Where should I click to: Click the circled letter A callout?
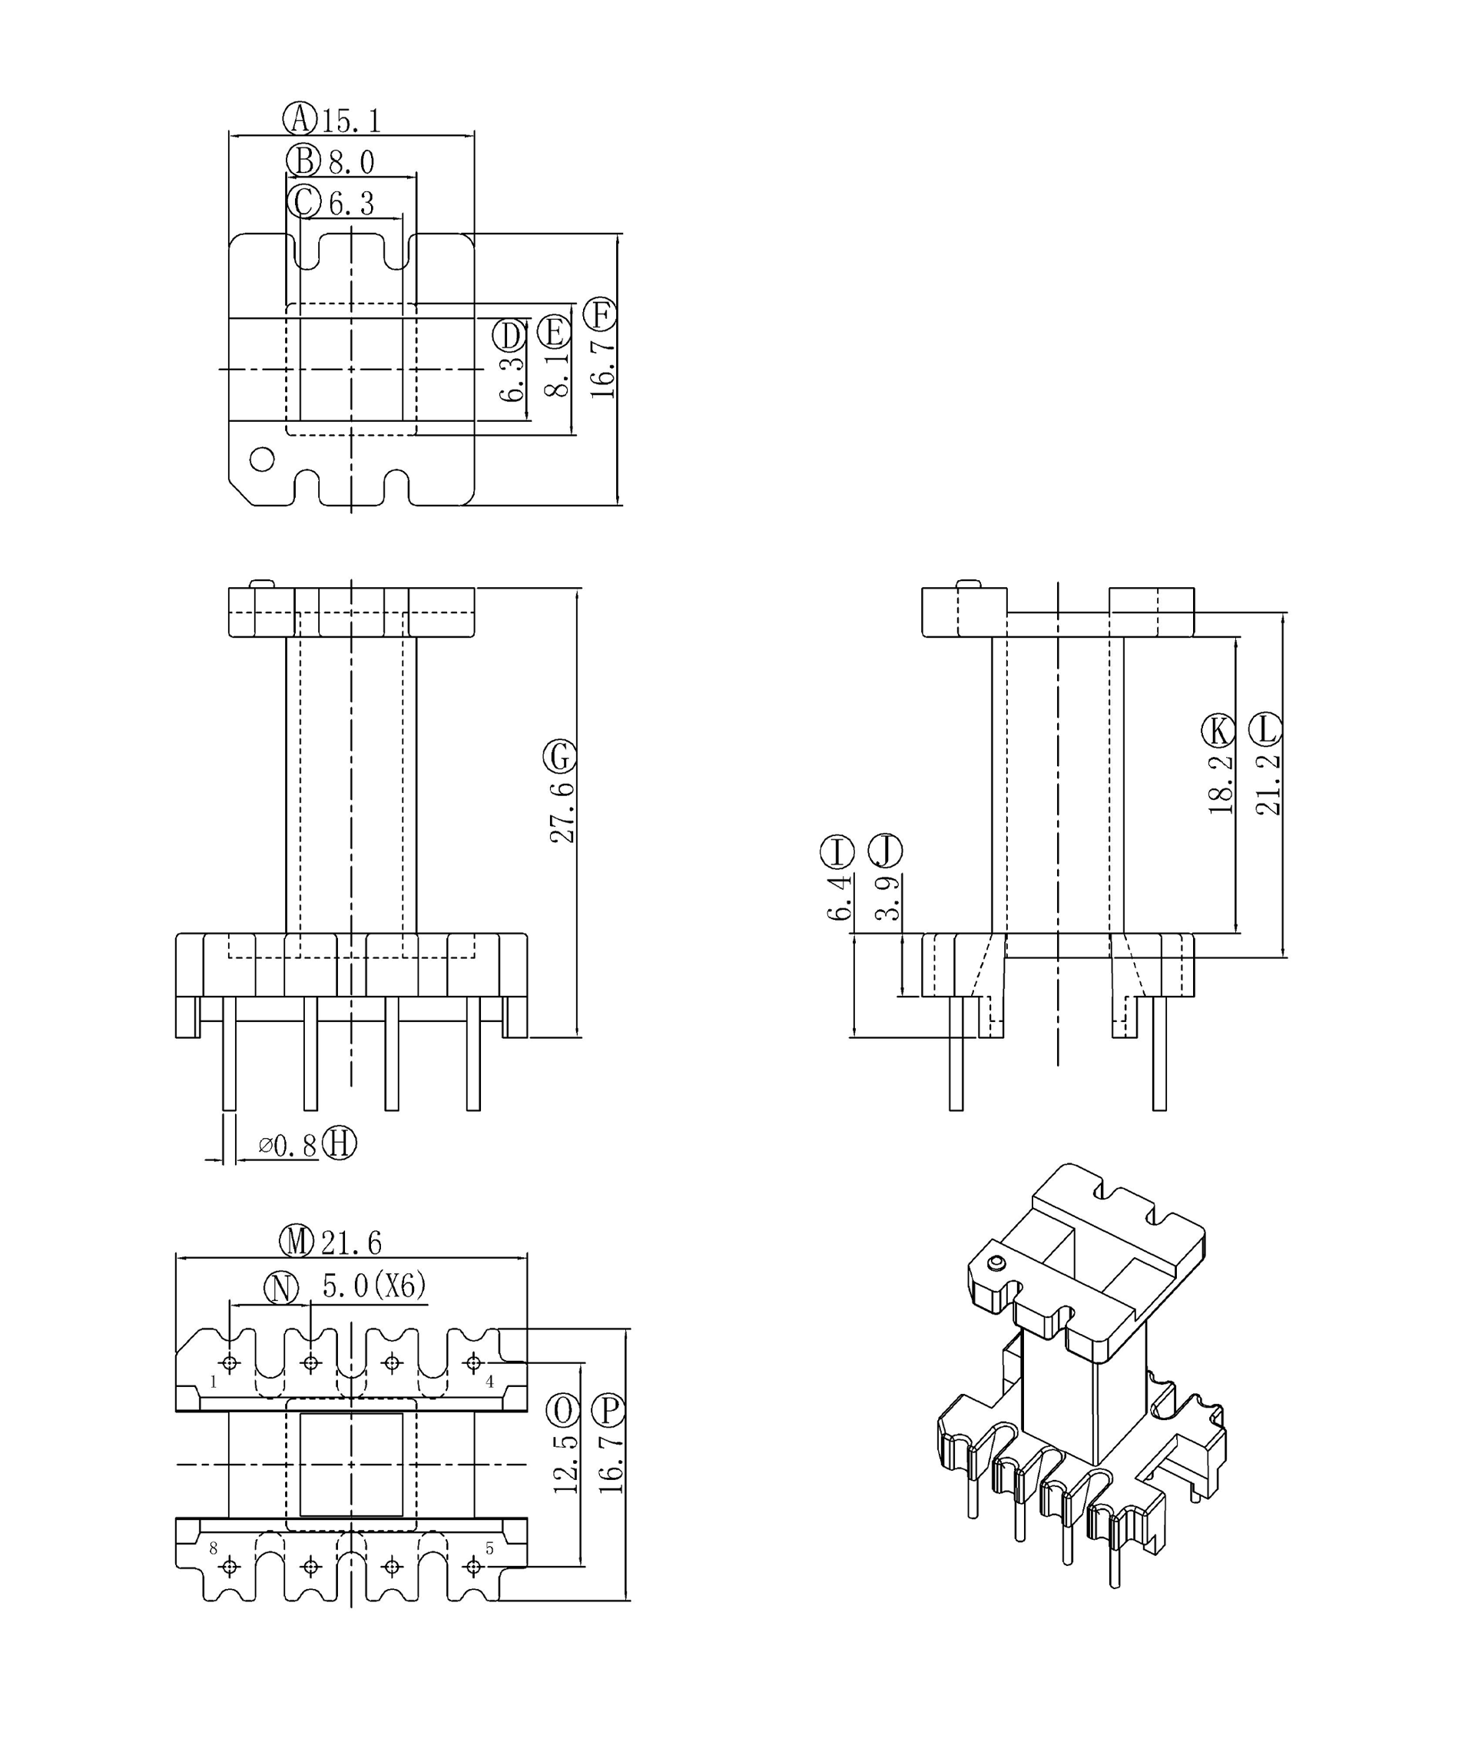[x=300, y=119]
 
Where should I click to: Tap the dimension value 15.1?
[x=352, y=121]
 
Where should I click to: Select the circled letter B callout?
[x=303, y=161]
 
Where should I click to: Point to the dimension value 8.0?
[x=351, y=162]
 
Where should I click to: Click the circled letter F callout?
[x=599, y=314]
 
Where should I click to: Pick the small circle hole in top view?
[x=262, y=459]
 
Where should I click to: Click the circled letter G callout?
[x=559, y=757]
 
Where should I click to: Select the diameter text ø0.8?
[x=287, y=1145]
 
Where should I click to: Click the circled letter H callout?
[x=340, y=1143]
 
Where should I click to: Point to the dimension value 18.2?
[x=1221, y=785]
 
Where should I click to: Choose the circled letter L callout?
[x=1265, y=729]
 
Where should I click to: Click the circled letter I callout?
[x=837, y=852]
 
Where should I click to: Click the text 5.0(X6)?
[x=374, y=1286]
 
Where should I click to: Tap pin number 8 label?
[x=214, y=1548]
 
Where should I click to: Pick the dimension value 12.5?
[x=565, y=1465]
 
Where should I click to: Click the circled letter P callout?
[x=608, y=1412]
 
